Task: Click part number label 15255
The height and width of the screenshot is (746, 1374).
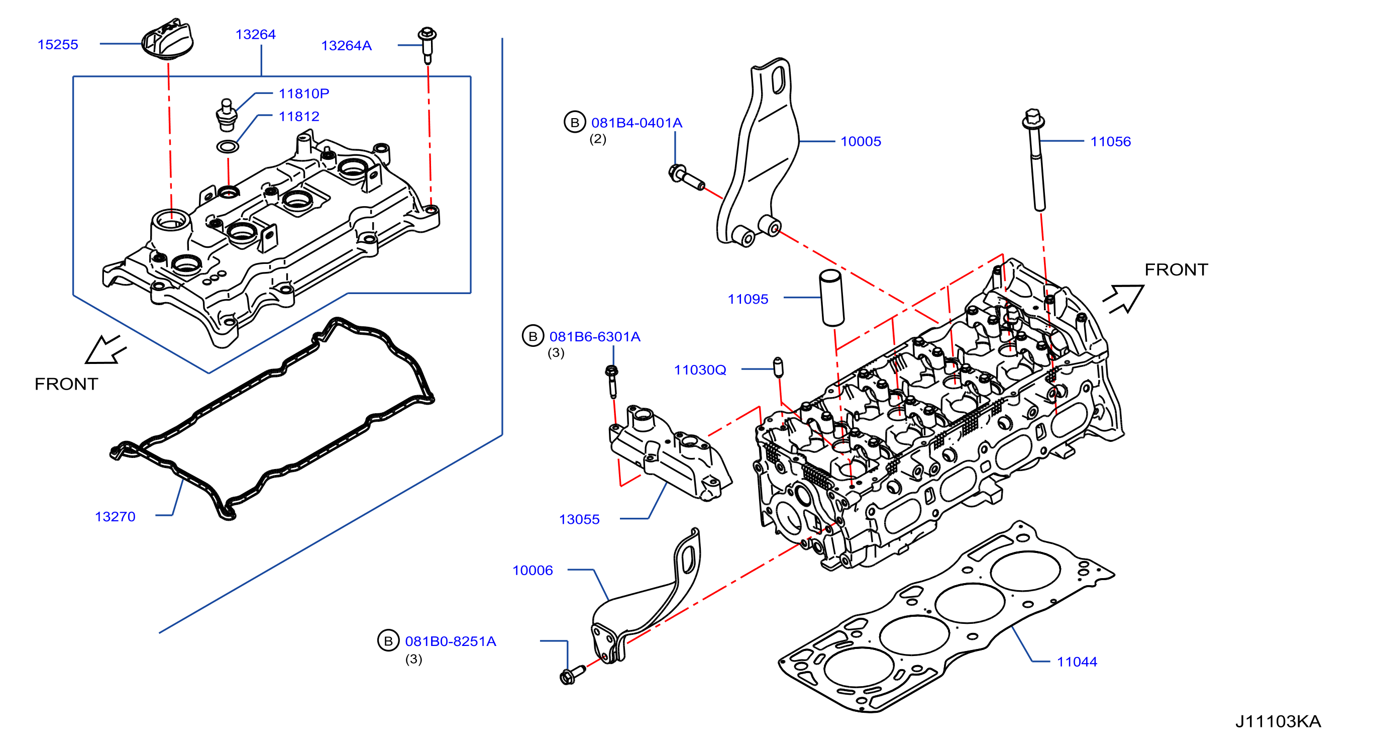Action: tap(58, 44)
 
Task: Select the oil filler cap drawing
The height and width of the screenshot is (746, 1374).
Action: tap(167, 40)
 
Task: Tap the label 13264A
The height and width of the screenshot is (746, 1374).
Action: tap(346, 45)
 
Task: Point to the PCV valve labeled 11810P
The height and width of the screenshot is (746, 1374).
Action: tap(226, 114)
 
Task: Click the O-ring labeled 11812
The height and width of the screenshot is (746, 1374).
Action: tap(228, 146)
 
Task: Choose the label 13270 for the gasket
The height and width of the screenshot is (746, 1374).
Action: tap(115, 517)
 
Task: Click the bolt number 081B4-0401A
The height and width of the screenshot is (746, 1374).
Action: tap(637, 123)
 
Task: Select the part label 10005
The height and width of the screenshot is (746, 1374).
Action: tap(861, 141)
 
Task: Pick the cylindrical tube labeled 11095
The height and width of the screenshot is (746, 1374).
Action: tap(831, 298)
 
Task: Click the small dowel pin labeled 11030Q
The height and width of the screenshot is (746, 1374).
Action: tap(778, 366)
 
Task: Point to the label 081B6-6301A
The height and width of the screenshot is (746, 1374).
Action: tap(595, 337)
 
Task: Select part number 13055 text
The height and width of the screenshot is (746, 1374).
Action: tap(579, 519)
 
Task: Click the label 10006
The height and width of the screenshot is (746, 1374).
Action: tap(533, 571)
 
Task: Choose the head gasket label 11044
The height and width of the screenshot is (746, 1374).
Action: tap(1077, 662)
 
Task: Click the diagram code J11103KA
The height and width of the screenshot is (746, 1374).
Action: tap(1278, 721)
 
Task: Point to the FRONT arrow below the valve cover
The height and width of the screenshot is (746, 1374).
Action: tap(105, 350)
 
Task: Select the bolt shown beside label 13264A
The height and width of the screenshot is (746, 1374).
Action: tap(427, 44)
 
